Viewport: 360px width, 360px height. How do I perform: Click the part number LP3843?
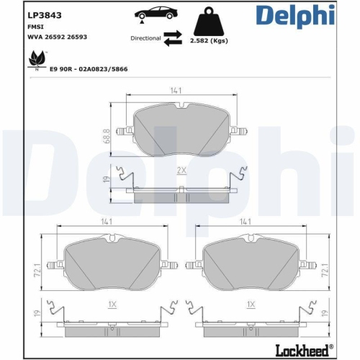(45, 15)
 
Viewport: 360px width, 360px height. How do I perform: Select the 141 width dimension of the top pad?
(175, 91)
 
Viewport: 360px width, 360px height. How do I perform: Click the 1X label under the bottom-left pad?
(112, 305)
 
